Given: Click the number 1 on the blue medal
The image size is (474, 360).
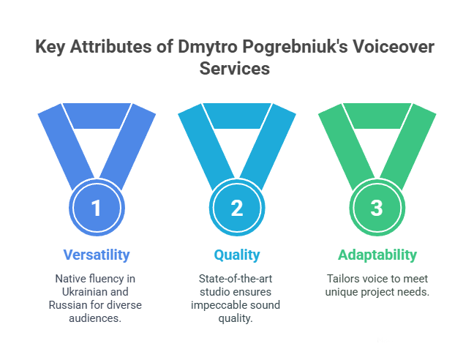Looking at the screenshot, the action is (96, 208).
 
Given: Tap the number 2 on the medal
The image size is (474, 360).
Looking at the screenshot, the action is (237, 208).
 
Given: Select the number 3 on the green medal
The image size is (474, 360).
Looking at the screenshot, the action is (377, 208).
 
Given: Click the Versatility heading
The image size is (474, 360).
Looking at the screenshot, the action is (97, 255).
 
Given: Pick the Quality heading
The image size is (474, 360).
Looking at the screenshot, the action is (237, 255).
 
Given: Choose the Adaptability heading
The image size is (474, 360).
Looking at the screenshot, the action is (377, 255).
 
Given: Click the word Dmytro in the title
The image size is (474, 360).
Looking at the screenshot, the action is (208, 47).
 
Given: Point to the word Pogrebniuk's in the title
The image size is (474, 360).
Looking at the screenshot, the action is (295, 48).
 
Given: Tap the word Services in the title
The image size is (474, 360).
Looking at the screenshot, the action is (235, 68).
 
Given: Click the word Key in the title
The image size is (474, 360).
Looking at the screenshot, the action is (50, 48).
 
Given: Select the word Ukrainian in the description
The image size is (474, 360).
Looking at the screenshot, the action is (82, 292).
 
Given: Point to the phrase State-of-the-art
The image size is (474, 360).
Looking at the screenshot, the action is (236, 279).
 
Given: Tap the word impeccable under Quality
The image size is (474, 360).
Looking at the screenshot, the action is (217, 306).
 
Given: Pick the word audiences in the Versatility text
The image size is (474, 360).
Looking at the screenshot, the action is (94, 318).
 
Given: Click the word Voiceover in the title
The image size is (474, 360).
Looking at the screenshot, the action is (394, 47).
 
